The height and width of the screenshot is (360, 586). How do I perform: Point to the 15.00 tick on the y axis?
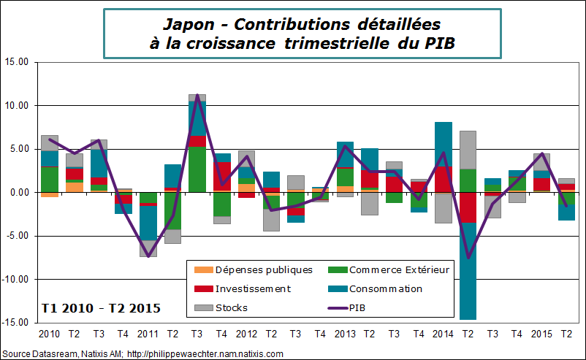(x=15, y=63)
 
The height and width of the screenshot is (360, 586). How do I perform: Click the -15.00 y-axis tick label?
(x=14, y=323)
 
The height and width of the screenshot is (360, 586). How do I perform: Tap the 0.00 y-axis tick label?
(x=17, y=193)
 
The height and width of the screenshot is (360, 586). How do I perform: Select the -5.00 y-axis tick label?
(x=15, y=236)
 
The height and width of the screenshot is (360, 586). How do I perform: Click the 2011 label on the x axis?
(x=148, y=334)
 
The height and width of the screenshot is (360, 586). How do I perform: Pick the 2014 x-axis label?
(x=444, y=334)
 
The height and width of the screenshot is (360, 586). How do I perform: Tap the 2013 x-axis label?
(x=345, y=334)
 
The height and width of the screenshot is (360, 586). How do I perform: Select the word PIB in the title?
(x=437, y=43)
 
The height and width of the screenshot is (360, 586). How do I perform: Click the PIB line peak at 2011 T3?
(x=197, y=96)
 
